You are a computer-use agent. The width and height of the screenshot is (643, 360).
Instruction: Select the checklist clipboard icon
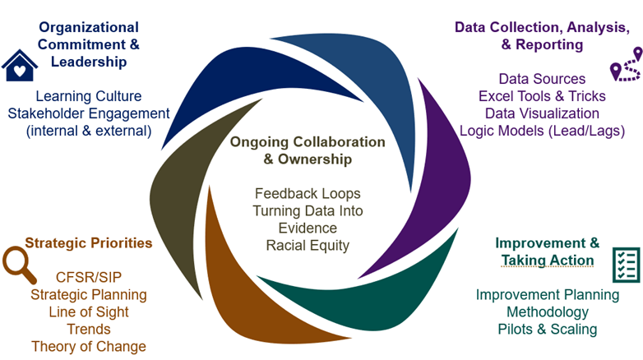(x=627, y=263)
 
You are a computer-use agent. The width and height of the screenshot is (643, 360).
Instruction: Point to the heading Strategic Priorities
(x=89, y=242)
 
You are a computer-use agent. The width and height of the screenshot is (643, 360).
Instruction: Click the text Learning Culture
(x=89, y=96)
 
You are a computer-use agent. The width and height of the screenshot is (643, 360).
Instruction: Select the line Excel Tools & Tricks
(x=542, y=96)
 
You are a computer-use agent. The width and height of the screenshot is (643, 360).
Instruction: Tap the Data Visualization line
(x=542, y=113)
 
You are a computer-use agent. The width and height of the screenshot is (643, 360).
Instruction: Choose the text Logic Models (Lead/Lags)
(x=542, y=131)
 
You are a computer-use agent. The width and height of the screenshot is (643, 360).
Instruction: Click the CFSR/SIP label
(x=89, y=277)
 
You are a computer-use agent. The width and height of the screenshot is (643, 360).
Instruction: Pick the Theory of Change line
(x=89, y=346)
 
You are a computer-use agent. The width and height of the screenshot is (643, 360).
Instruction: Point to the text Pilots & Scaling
(x=547, y=329)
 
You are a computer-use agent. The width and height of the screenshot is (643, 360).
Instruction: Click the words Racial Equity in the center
(x=307, y=245)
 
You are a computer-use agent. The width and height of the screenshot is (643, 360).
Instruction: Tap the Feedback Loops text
(x=307, y=194)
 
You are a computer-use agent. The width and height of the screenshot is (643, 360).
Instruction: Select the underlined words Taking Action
(x=548, y=261)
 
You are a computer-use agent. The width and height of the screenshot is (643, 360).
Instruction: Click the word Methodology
(x=547, y=312)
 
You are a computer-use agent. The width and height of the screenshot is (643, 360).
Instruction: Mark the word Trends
(x=89, y=329)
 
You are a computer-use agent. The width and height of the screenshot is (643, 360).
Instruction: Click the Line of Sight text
(x=89, y=312)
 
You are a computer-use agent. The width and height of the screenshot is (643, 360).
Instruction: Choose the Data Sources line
(x=542, y=79)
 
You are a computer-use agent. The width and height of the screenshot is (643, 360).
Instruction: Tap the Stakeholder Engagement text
(x=89, y=113)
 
